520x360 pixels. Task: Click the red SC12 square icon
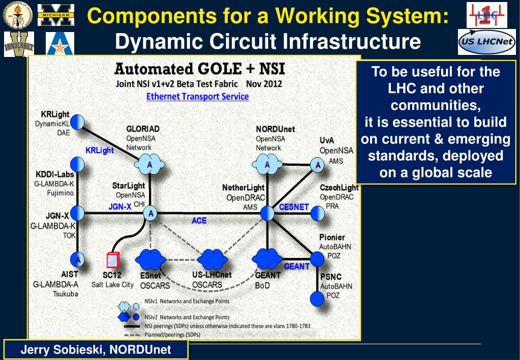coord(113,259)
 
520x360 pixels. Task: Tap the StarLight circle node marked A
coord(150,214)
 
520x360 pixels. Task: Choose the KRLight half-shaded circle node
coord(77,122)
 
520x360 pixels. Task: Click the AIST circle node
coord(78,259)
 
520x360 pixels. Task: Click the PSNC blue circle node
coord(317,298)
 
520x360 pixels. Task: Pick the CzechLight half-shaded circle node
coord(318,214)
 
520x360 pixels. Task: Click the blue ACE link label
coord(199,221)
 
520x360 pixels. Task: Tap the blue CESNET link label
coord(293,207)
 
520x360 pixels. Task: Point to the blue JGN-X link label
coord(120,206)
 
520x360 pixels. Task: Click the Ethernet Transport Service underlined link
coord(197,96)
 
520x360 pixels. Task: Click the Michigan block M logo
coord(56,14)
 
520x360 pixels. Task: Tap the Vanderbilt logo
coord(19,44)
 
